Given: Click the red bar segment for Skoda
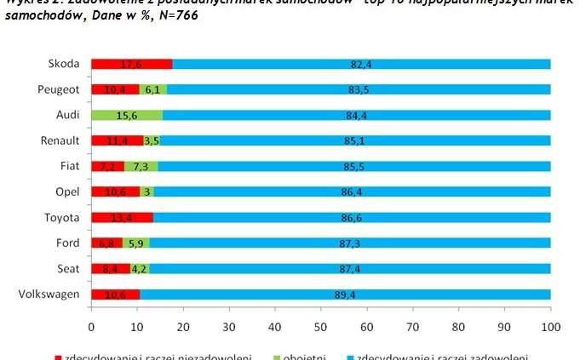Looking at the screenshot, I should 131,64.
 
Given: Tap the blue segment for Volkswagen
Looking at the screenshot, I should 345,294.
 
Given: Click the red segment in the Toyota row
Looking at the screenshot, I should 122,217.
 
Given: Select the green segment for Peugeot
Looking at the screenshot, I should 152,89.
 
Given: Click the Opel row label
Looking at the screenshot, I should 66,191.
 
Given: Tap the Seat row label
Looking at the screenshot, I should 68,269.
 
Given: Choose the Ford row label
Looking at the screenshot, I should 66,243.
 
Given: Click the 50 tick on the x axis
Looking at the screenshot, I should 320,326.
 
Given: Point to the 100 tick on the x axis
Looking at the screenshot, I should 550,326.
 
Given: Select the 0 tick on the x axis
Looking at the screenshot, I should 91,326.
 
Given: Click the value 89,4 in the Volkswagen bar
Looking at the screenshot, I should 346,294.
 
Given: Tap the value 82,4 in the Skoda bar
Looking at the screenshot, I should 362,64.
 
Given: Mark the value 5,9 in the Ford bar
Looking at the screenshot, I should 135,243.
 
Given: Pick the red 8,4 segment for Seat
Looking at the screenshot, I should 111,269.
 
